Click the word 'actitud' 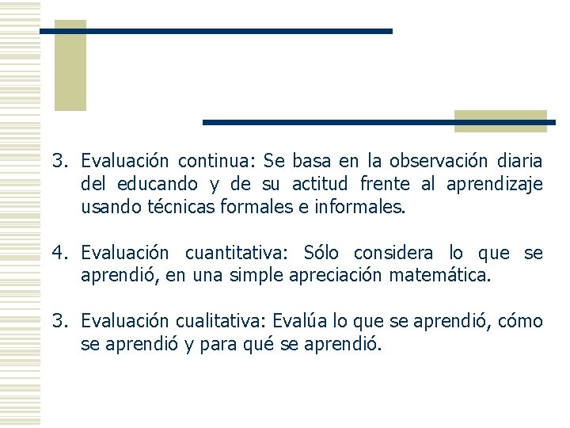click(x=321, y=185)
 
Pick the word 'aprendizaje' click(x=494, y=185)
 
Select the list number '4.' click(x=62, y=254)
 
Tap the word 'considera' click(x=393, y=254)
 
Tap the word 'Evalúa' click(x=296, y=321)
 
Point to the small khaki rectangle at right click(x=500, y=120)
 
